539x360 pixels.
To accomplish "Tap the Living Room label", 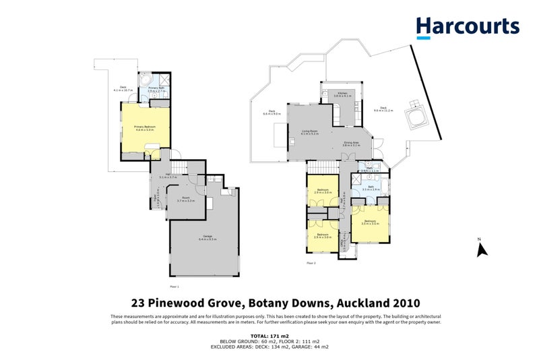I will (x=311, y=133).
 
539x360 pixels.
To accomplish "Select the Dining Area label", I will (x=352, y=144).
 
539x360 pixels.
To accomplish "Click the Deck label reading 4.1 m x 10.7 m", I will (x=123, y=88).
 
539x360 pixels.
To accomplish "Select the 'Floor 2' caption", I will (x=311, y=263).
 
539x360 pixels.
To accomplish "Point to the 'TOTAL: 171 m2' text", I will (x=269, y=335).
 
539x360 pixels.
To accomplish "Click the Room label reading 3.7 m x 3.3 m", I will (x=186, y=200).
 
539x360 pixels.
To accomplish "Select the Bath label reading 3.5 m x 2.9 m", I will (x=371, y=189).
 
